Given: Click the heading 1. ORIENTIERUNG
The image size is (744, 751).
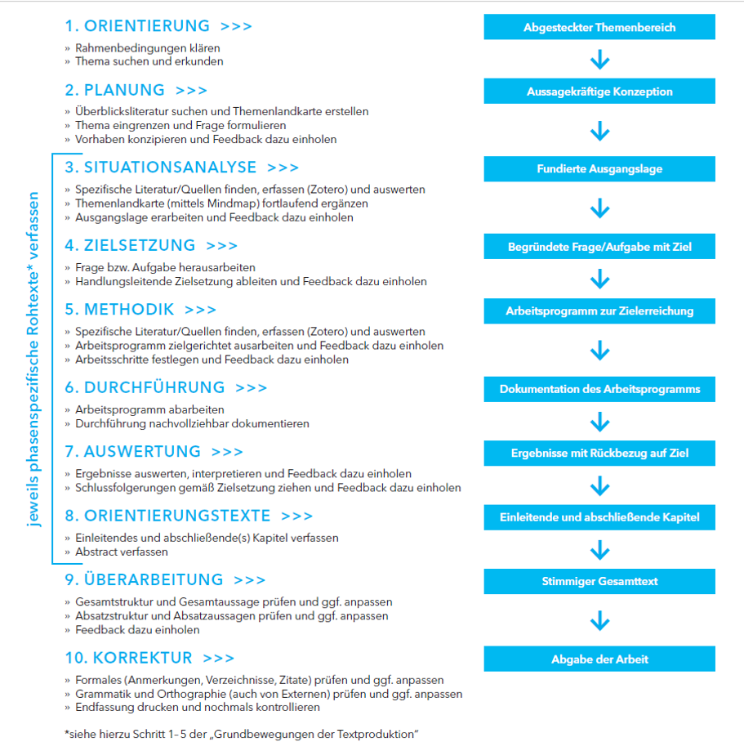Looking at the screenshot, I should (137, 26).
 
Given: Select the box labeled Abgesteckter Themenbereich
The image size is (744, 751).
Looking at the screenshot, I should (599, 27).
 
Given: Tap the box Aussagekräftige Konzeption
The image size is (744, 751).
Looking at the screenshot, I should (599, 92).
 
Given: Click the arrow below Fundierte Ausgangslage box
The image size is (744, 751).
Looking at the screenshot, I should (599, 208).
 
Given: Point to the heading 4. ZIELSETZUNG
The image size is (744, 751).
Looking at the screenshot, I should (130, 245).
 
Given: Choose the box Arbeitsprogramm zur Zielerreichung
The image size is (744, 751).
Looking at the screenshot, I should (599, 311).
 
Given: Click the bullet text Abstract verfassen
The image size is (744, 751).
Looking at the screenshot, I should (122, 552).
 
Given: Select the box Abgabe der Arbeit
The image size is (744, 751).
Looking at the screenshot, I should (599, 659).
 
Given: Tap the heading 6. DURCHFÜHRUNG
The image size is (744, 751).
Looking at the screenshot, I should (145, 387).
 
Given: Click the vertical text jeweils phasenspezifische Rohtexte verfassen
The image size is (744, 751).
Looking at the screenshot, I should (33, 360).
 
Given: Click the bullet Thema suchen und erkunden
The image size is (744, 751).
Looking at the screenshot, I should (149, 61).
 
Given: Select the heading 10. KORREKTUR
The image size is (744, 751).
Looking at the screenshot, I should (128, 658).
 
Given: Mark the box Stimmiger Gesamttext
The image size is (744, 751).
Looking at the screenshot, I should (599, 581).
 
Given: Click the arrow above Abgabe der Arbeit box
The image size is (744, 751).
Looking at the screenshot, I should (599, 620).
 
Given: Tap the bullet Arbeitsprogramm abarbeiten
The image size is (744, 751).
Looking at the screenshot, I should (149, 409).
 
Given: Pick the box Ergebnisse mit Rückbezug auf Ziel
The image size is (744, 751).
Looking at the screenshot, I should (599, 452).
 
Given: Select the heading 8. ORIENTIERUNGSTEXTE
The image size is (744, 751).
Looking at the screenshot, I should (167, 516).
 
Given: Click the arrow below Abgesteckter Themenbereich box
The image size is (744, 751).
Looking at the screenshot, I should (599, 60).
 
